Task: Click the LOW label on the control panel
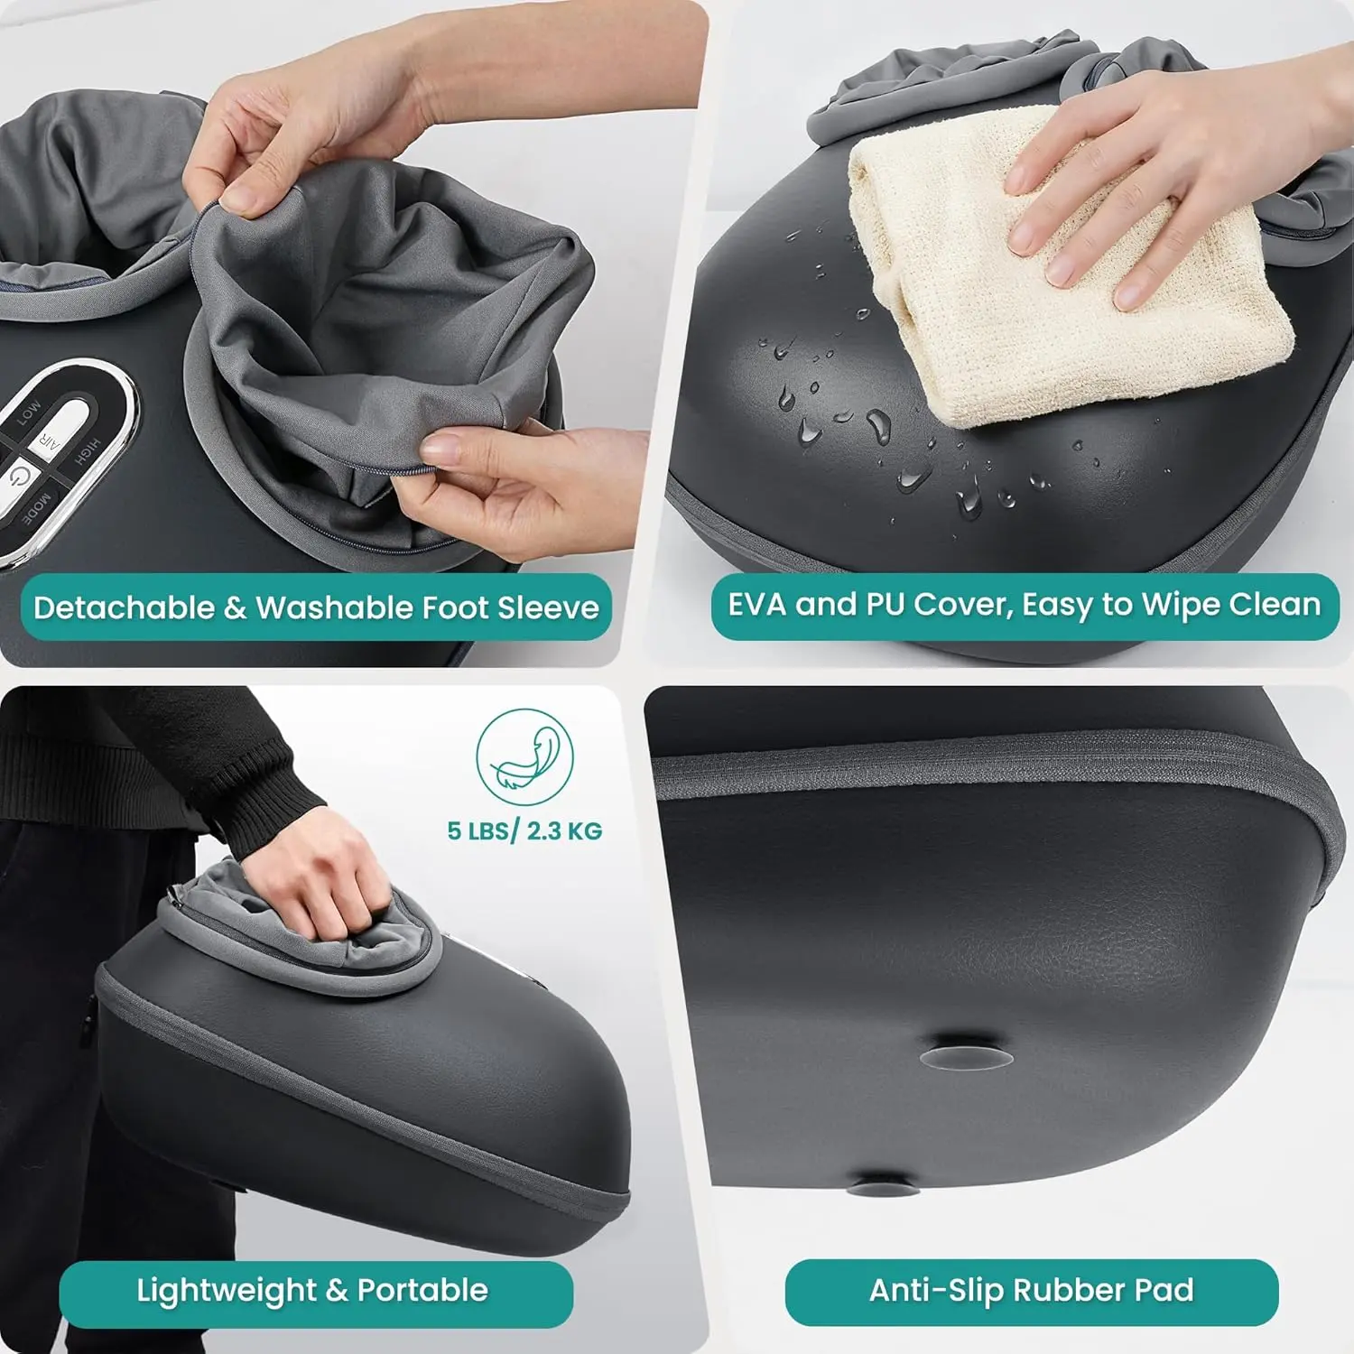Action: (x=28, y=413)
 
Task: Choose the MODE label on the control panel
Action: (x=37, y=509)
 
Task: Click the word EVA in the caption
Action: (x=756, y=604)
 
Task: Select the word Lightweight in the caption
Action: (x=226, y=1291)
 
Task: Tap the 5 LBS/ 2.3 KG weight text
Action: (x=524, y=830)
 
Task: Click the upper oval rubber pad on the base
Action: (x=966, y=1057)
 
